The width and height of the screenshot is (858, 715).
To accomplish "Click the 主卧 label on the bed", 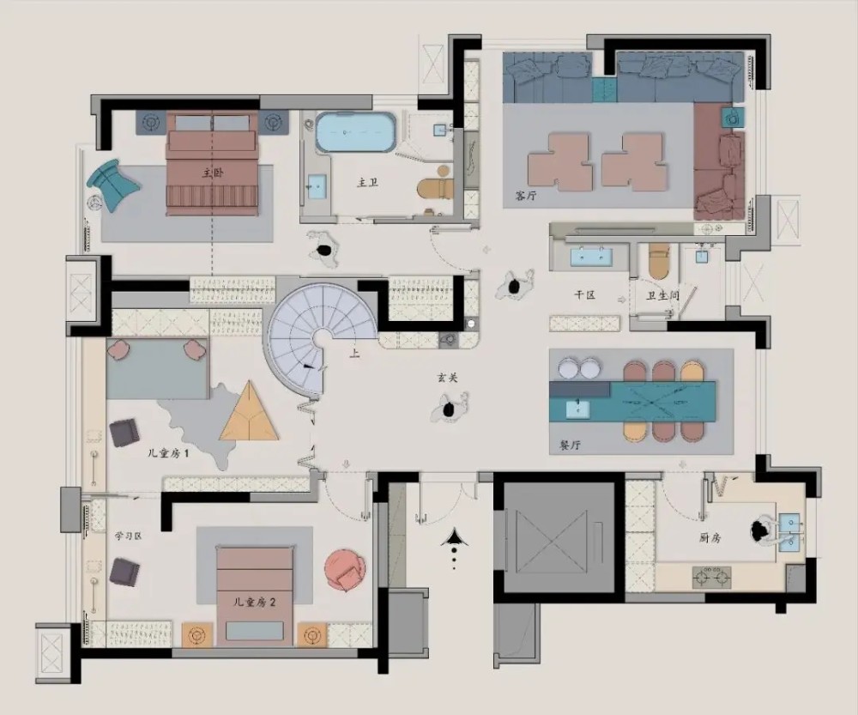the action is tap(213, 173).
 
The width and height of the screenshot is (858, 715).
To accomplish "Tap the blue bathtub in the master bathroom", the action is tap(356, 132).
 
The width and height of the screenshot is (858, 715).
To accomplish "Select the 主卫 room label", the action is tap(367, 183).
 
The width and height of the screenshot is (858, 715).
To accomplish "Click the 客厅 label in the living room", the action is tap(525, 196).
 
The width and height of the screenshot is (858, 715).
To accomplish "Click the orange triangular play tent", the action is tap(249, 411).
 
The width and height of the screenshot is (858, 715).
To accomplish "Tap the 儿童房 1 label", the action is tap(168, 453).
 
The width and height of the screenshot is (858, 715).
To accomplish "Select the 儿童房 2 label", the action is tap(254, 603).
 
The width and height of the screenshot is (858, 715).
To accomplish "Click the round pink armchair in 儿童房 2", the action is tap(345, 571).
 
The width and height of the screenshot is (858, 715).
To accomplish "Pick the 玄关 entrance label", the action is tap(447, 378).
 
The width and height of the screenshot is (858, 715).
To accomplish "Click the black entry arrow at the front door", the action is tap(453, 537).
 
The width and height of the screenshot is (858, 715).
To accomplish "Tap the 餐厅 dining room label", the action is tap(571, 445).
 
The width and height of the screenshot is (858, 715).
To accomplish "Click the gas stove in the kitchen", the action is tap(712, 577).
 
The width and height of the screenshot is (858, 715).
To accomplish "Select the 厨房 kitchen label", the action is tap(710, 538).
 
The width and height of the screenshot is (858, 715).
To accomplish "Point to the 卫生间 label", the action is tap(662, 295).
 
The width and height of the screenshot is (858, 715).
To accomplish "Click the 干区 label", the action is tap(584, 295).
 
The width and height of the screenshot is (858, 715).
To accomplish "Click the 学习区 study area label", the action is tap(128, 536).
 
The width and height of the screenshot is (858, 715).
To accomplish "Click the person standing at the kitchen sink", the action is tap(765, 530).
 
